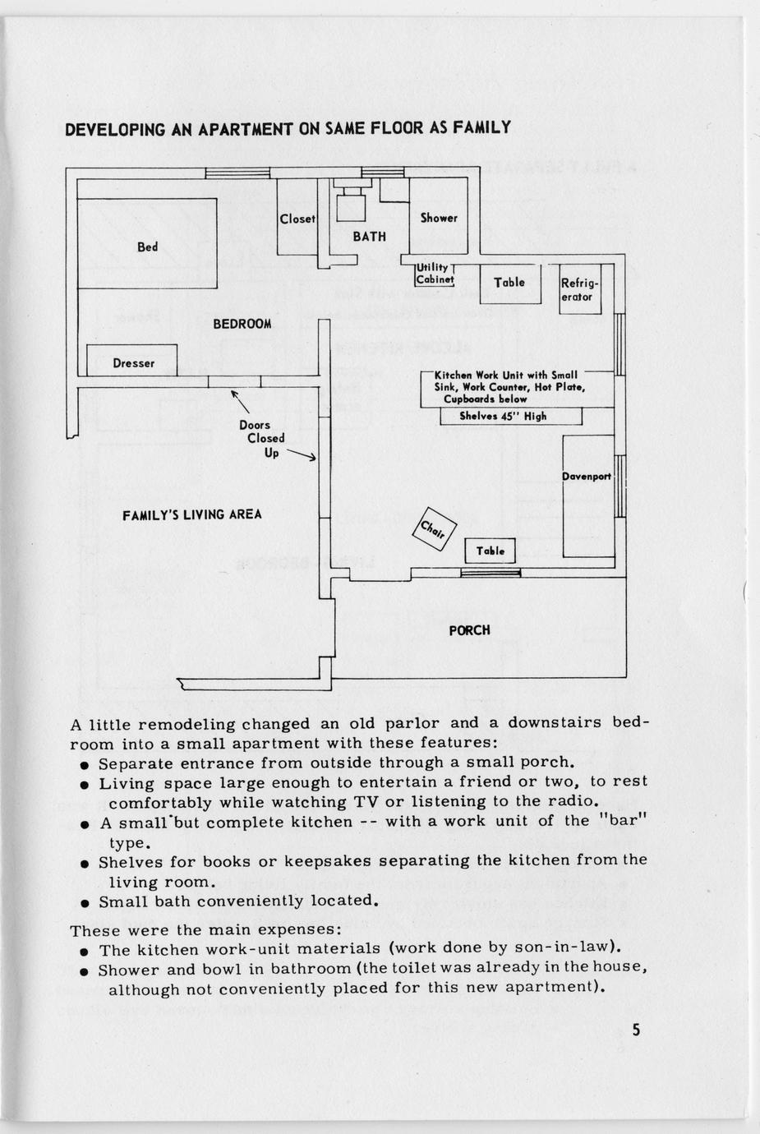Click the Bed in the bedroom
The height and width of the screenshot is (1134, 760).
pyautogui.click(x=148, y=244)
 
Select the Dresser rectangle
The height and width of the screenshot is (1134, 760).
pyautogui.click(x=132, y=362)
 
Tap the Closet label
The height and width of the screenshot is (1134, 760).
pyautogui.click(x=297, y=219)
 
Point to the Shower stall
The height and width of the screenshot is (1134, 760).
pyautogui.click(x=439, y=219)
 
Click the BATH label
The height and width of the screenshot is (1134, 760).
pyautogui.click(x=369, y=237)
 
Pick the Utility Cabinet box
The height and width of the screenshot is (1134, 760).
pyautogui.click(x=434, y=274)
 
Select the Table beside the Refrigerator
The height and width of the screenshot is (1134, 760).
pyautogui.click(x=509, y=283)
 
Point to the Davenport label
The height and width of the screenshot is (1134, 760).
pyautogui.click(x=587, y=477)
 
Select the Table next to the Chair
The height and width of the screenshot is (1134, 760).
pyautogui.click(x=490, y=551)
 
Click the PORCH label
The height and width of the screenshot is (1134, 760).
pyautogui.click(x=469, y=630)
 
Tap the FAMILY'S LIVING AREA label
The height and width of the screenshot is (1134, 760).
pyautogui.click(x=192, y=515)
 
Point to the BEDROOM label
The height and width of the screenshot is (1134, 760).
pyautogui.click(x=242, y=324)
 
